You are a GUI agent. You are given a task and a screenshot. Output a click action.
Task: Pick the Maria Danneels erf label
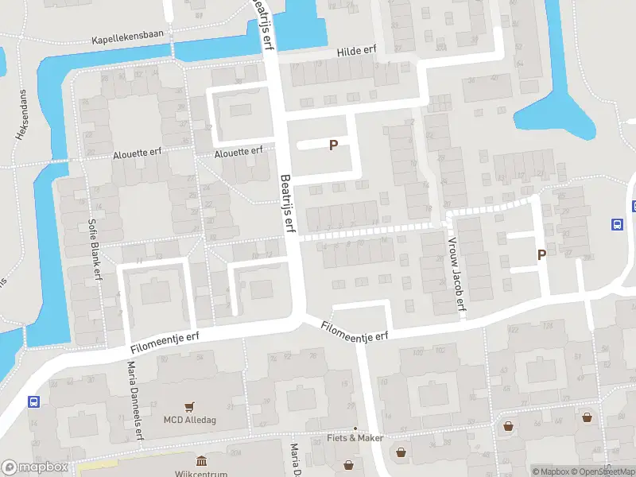[x=134, y=400]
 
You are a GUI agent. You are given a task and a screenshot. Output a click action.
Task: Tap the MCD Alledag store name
[x=189, y=420]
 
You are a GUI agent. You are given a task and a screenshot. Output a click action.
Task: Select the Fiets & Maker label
[x=355, y=438]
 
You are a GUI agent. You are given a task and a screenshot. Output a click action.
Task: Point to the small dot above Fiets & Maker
[x=355, y=429]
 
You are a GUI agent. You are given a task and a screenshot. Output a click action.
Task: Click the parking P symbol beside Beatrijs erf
[x=334, y=145]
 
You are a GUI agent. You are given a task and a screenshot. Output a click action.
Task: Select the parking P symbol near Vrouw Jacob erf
[x=542, y=255]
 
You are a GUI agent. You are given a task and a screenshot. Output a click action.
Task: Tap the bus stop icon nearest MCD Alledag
[x=34, y=401]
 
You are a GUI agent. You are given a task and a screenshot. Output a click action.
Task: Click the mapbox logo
[x=35, y=467]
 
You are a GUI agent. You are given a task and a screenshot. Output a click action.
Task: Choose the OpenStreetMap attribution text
[x=603, y=471]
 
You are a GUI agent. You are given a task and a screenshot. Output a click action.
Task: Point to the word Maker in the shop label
[x=370, y=438]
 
